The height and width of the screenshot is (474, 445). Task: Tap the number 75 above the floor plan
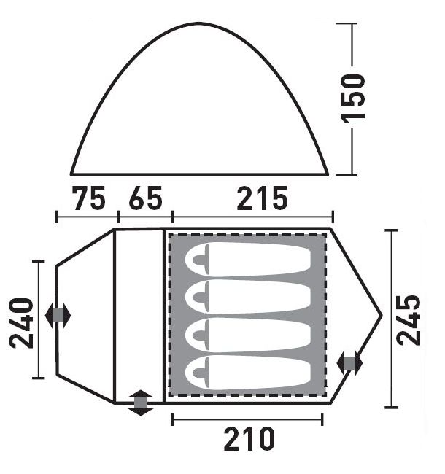[88, 198]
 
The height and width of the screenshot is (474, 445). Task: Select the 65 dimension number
[145, 198]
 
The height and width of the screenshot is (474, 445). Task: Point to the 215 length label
[262, 198]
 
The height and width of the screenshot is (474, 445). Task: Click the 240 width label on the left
[21, 323]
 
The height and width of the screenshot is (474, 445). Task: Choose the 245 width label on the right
[408, 320]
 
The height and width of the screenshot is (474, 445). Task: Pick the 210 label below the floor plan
[249, 438]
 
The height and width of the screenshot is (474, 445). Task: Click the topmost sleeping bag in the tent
[248, 260]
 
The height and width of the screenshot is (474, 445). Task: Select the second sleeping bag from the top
[248, 297]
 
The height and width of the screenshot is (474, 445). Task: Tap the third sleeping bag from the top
[248, 335]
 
